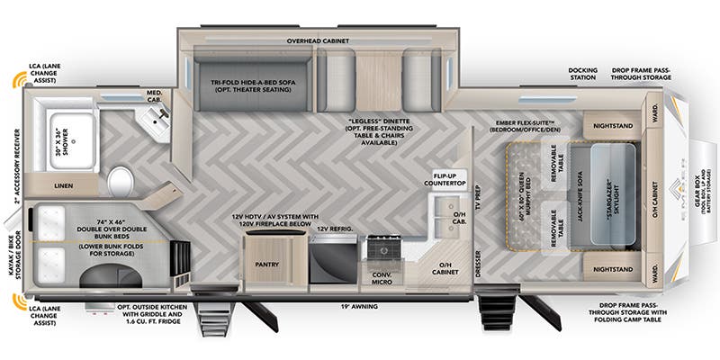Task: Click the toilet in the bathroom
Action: click(x=120, y=184)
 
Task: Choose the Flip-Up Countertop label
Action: click(x=449, y=178)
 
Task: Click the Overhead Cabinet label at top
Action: click(x=321, y=40)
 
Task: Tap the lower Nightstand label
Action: click(x=610, y=268)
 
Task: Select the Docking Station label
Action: click(x=584, y=74)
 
